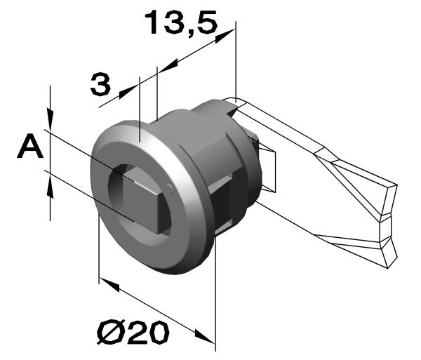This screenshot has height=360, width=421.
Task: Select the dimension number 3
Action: coord(100,85)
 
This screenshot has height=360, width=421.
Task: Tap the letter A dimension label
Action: coord(29,149)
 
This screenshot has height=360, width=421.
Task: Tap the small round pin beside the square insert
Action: coord(171,186)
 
